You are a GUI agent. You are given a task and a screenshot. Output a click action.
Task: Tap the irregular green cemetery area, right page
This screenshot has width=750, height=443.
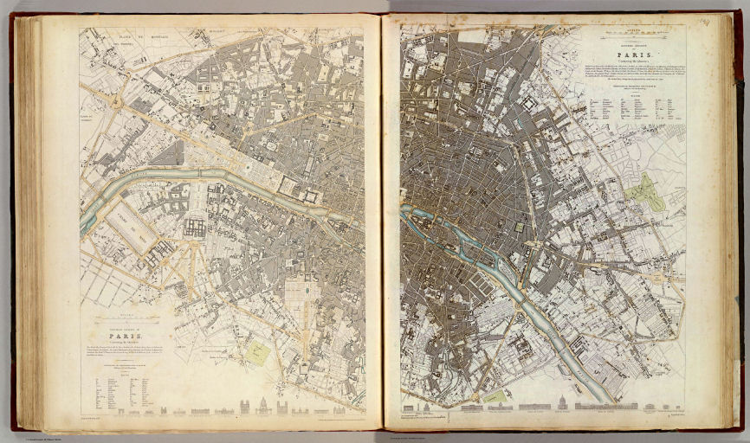point(645,192)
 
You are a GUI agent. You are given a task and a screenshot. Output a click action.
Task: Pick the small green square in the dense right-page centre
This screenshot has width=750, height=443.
point(519,228)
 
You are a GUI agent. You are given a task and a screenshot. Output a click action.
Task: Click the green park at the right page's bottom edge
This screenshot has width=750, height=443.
point(494,396)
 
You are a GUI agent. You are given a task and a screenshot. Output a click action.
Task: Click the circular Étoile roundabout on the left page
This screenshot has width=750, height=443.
point(114,101)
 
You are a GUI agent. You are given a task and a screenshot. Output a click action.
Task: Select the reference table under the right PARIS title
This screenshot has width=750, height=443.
point(628,109)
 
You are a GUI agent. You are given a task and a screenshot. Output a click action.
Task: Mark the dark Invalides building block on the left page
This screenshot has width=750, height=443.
point(194,228)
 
